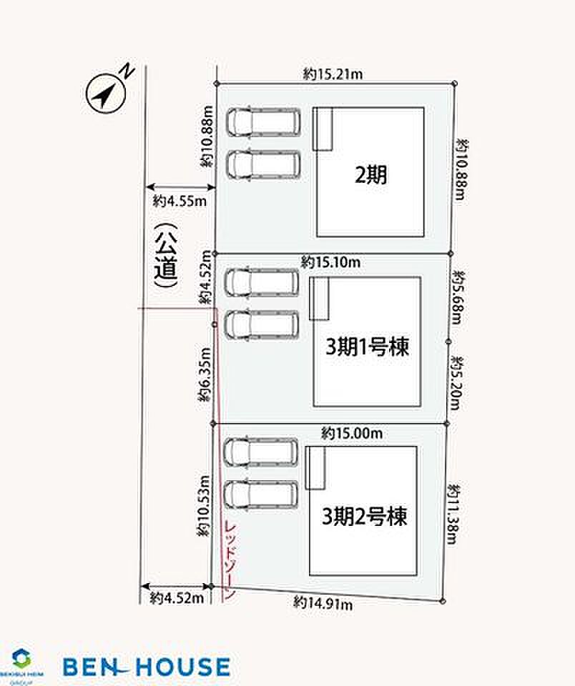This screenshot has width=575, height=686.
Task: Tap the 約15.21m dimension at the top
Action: coord(333,74)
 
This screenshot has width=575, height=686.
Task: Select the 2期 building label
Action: coord(370,175)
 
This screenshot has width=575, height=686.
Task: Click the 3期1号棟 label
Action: coord(368,347)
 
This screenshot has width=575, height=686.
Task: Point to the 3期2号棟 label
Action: coord(364,517)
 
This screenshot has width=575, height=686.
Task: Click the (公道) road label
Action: coord(167,256)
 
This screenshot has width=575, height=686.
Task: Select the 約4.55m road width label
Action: coord(180,202)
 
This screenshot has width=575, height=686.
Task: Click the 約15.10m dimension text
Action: coord(330,262)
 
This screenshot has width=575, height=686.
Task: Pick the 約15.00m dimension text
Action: coord(352,433)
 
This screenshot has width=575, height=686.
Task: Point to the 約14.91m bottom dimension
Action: coord(323,603)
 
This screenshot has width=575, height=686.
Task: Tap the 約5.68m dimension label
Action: coord(458,297)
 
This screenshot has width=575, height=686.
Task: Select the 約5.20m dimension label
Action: coord(457,383)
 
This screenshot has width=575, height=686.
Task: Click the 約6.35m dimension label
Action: coord(205,375)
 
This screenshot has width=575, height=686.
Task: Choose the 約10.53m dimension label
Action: coord(204,506)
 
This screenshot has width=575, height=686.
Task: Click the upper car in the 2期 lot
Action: coord(264,121)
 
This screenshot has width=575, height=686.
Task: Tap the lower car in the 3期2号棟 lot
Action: coord(261,494)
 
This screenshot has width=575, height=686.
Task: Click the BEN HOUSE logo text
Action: coord(147,666)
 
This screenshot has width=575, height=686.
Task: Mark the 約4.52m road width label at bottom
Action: coord(177,598)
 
